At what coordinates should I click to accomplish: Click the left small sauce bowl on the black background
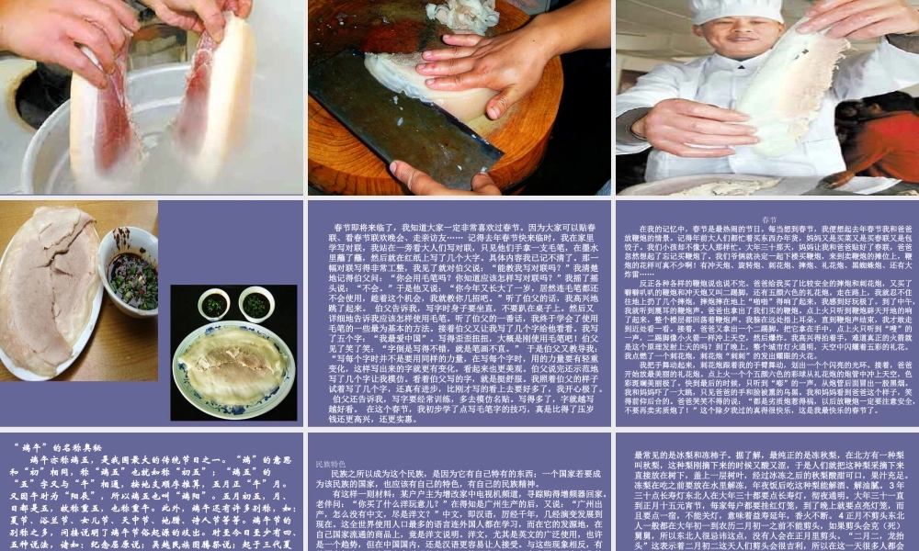coord(213,305)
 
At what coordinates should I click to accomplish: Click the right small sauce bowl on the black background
coord(256,304)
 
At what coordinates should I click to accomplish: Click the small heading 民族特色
coord(330,465)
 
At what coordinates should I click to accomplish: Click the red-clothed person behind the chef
coord(873,138)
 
